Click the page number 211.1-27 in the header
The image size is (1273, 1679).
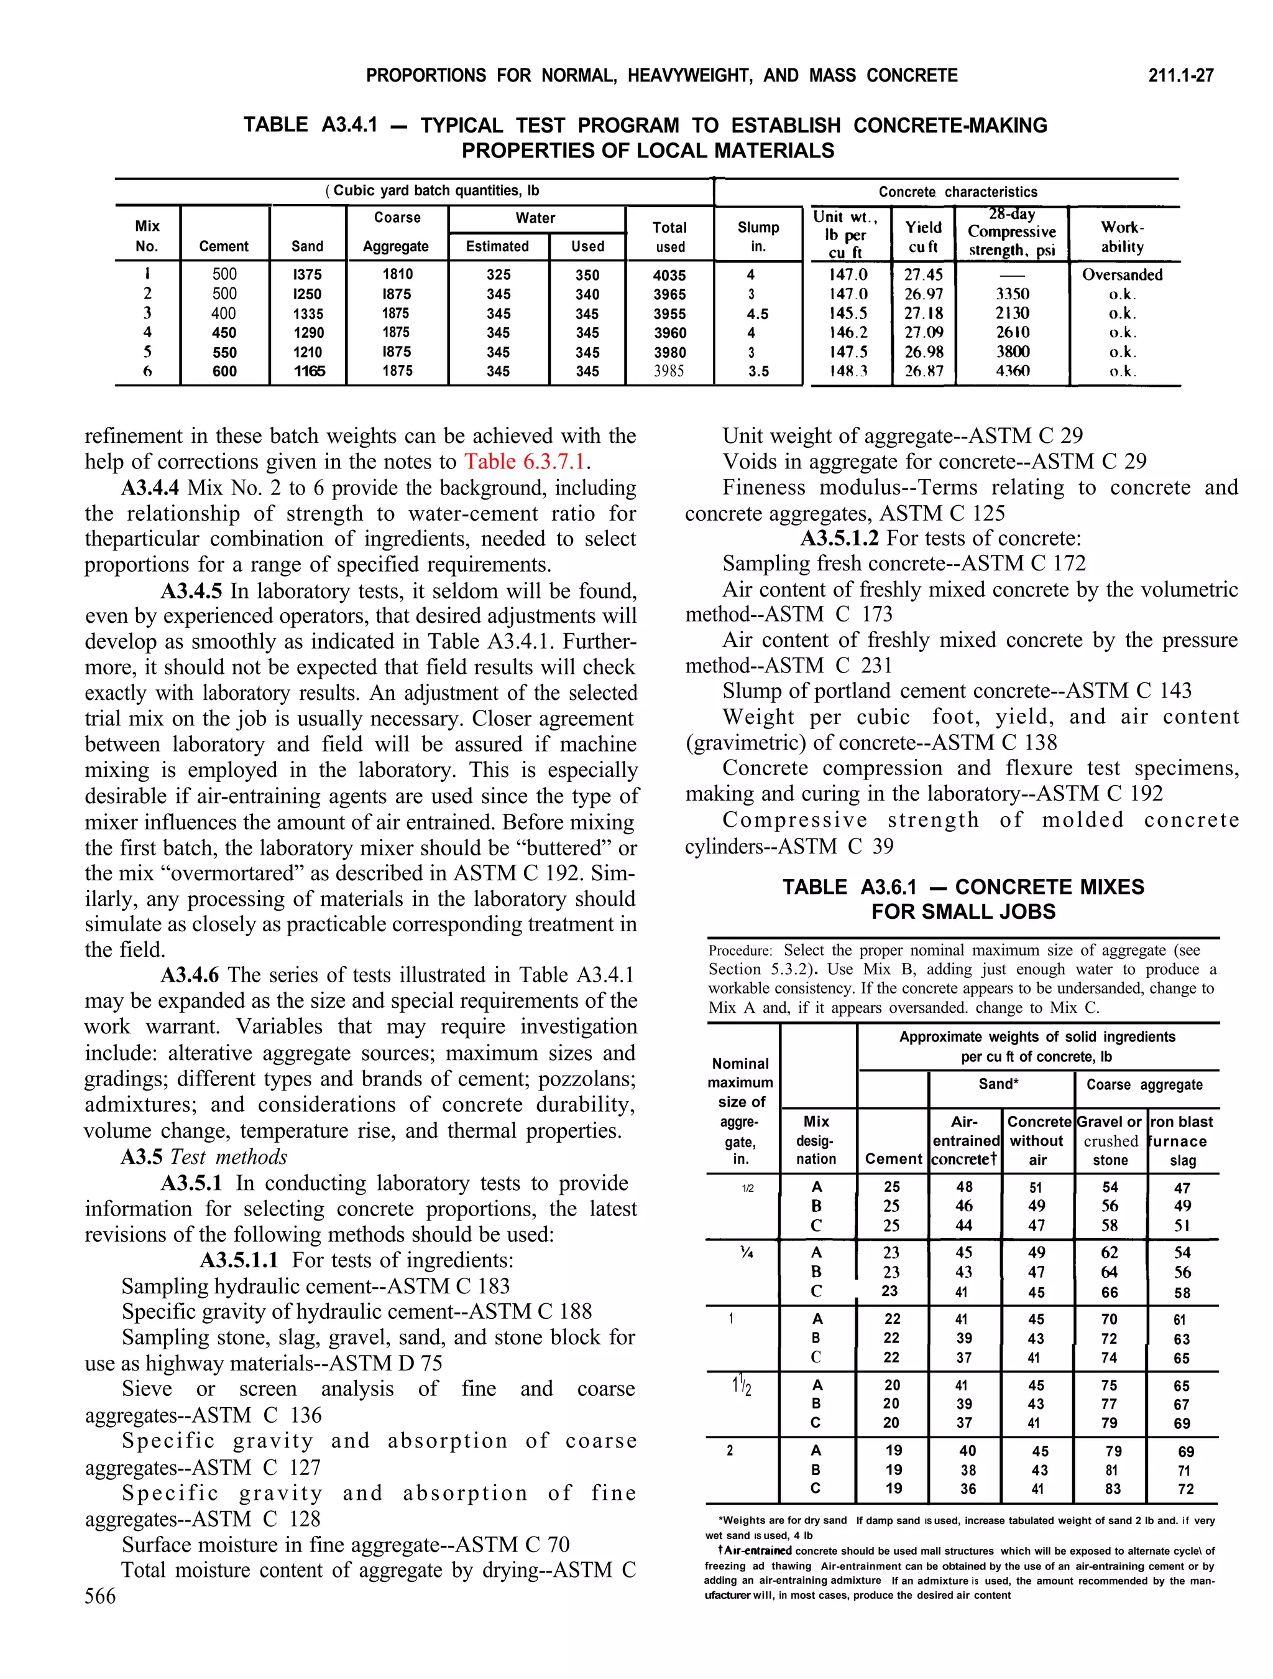1180,75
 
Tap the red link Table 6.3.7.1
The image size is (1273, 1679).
526,462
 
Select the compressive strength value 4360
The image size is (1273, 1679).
1012,371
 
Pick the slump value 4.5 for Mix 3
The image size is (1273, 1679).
757,314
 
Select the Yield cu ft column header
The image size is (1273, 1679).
922,237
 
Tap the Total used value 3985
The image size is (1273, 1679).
669,371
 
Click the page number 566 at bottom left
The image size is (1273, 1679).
100,1596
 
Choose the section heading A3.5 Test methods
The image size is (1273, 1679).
203,1157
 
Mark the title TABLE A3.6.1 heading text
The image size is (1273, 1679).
963,899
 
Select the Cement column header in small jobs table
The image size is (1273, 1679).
893,1159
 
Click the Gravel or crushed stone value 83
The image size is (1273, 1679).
1112,1489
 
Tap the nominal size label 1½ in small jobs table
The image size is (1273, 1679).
740,1387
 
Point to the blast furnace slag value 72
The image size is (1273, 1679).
1185,1489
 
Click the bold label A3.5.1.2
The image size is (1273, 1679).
840,538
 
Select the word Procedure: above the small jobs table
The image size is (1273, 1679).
740,951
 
